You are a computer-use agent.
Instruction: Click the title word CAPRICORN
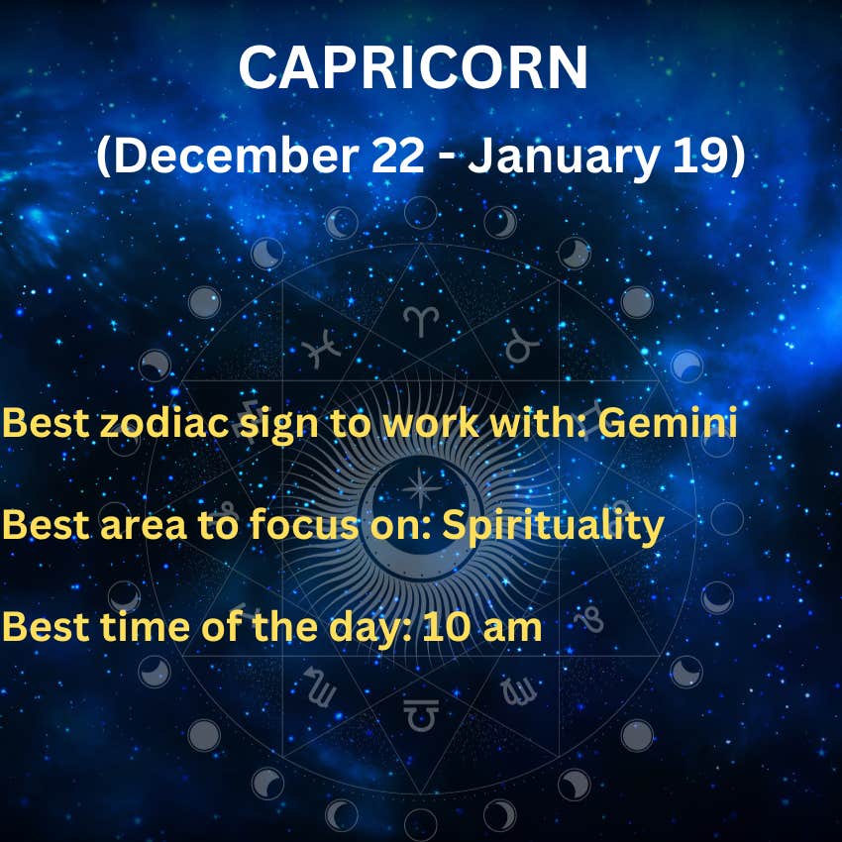(413, 67)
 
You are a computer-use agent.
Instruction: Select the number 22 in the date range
(397, 156)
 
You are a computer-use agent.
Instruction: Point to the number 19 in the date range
(699, 156)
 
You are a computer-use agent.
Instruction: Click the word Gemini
(668, 423)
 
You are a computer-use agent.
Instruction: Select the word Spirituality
(553, 527)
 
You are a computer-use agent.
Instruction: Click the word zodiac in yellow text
(164, 423)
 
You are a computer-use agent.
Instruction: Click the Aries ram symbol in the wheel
(421, 321)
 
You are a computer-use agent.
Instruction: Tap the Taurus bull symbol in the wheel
(521, 346)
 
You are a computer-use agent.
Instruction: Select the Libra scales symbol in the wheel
(421, 715)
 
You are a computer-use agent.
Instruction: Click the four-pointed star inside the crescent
(422, 488)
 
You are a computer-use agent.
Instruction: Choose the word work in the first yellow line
(431, 423)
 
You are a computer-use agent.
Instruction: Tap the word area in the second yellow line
(144, 526)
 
